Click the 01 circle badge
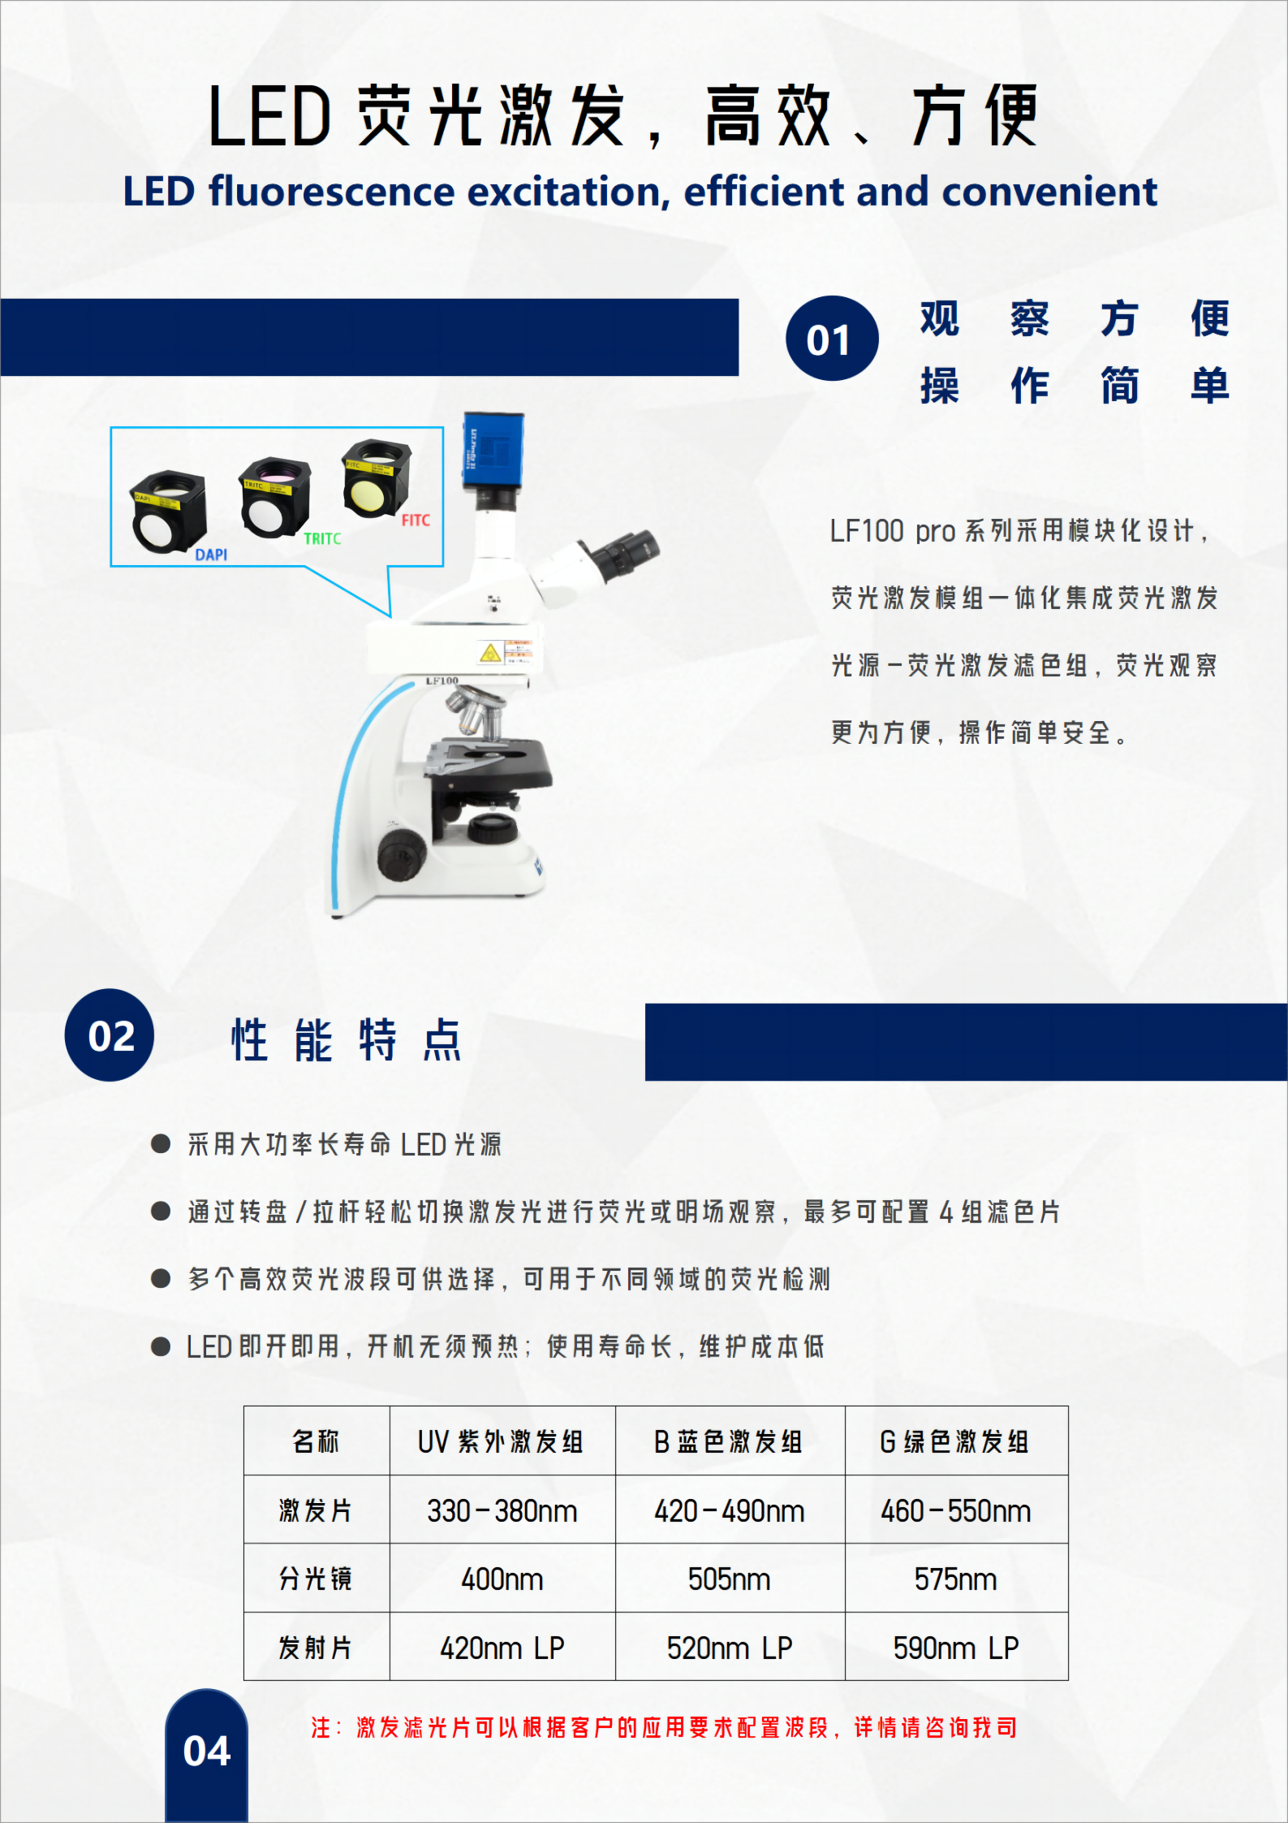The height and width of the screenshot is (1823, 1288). tap(832, 338)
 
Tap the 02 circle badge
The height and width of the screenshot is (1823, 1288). tap(110, 1035)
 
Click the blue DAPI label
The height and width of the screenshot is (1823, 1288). tap(211, 555)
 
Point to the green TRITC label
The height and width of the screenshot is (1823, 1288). tap(322, 538)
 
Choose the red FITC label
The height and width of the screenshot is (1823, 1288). tap(416, 520)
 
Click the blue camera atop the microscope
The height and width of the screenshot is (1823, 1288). tap(493, 452)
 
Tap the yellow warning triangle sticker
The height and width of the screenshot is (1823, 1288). tap(490, 653)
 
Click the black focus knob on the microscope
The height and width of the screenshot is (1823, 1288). tap(402, 854)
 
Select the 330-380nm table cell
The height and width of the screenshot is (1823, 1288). tap(502, 1510)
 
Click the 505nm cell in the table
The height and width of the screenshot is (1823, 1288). tap(730, 1579)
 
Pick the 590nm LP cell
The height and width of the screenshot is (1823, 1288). tap(956, 1647)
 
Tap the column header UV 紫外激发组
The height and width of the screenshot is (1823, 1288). tap(501, 1441)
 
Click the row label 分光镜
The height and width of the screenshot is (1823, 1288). tap(316, 1579)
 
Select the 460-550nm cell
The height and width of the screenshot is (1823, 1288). tap(956, 1510)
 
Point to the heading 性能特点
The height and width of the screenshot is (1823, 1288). tap(347, 1039)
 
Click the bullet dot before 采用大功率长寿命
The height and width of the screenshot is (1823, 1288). tap(161, 1144)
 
